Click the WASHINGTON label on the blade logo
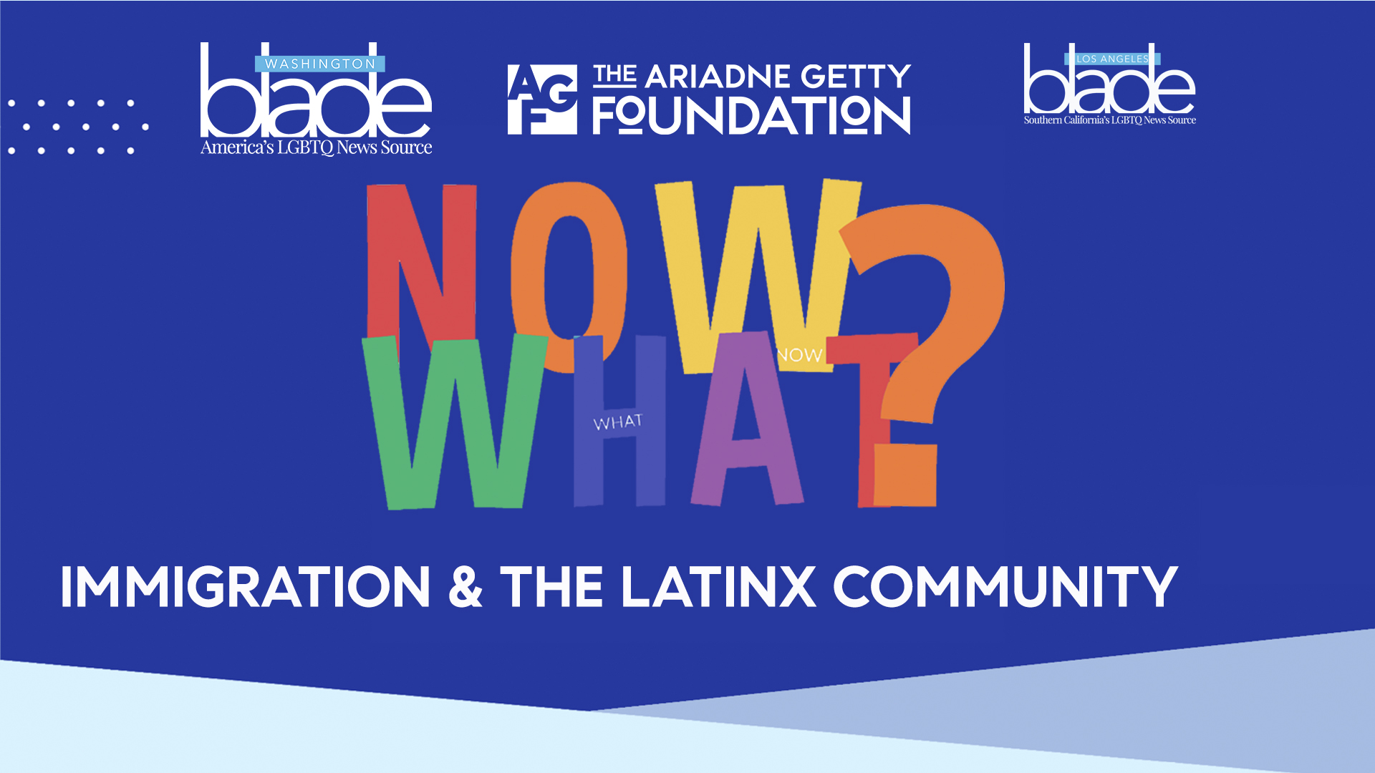320,64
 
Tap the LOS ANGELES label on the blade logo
1112,59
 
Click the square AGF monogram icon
542,99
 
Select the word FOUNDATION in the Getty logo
751,117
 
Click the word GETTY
855,76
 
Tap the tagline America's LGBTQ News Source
316,147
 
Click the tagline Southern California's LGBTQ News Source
1110,120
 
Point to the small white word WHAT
617,422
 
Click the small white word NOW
799,355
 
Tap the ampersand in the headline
465,587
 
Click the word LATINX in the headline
718,587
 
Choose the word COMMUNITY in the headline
1005,587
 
